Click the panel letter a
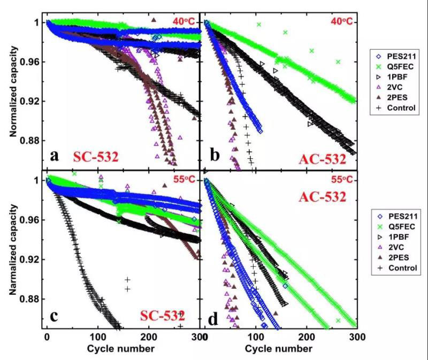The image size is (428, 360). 55,156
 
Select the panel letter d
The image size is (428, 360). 213,319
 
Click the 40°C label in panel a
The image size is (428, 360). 185,21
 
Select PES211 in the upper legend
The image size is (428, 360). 399,56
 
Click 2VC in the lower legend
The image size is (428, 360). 393,247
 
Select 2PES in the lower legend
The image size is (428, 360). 395,257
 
